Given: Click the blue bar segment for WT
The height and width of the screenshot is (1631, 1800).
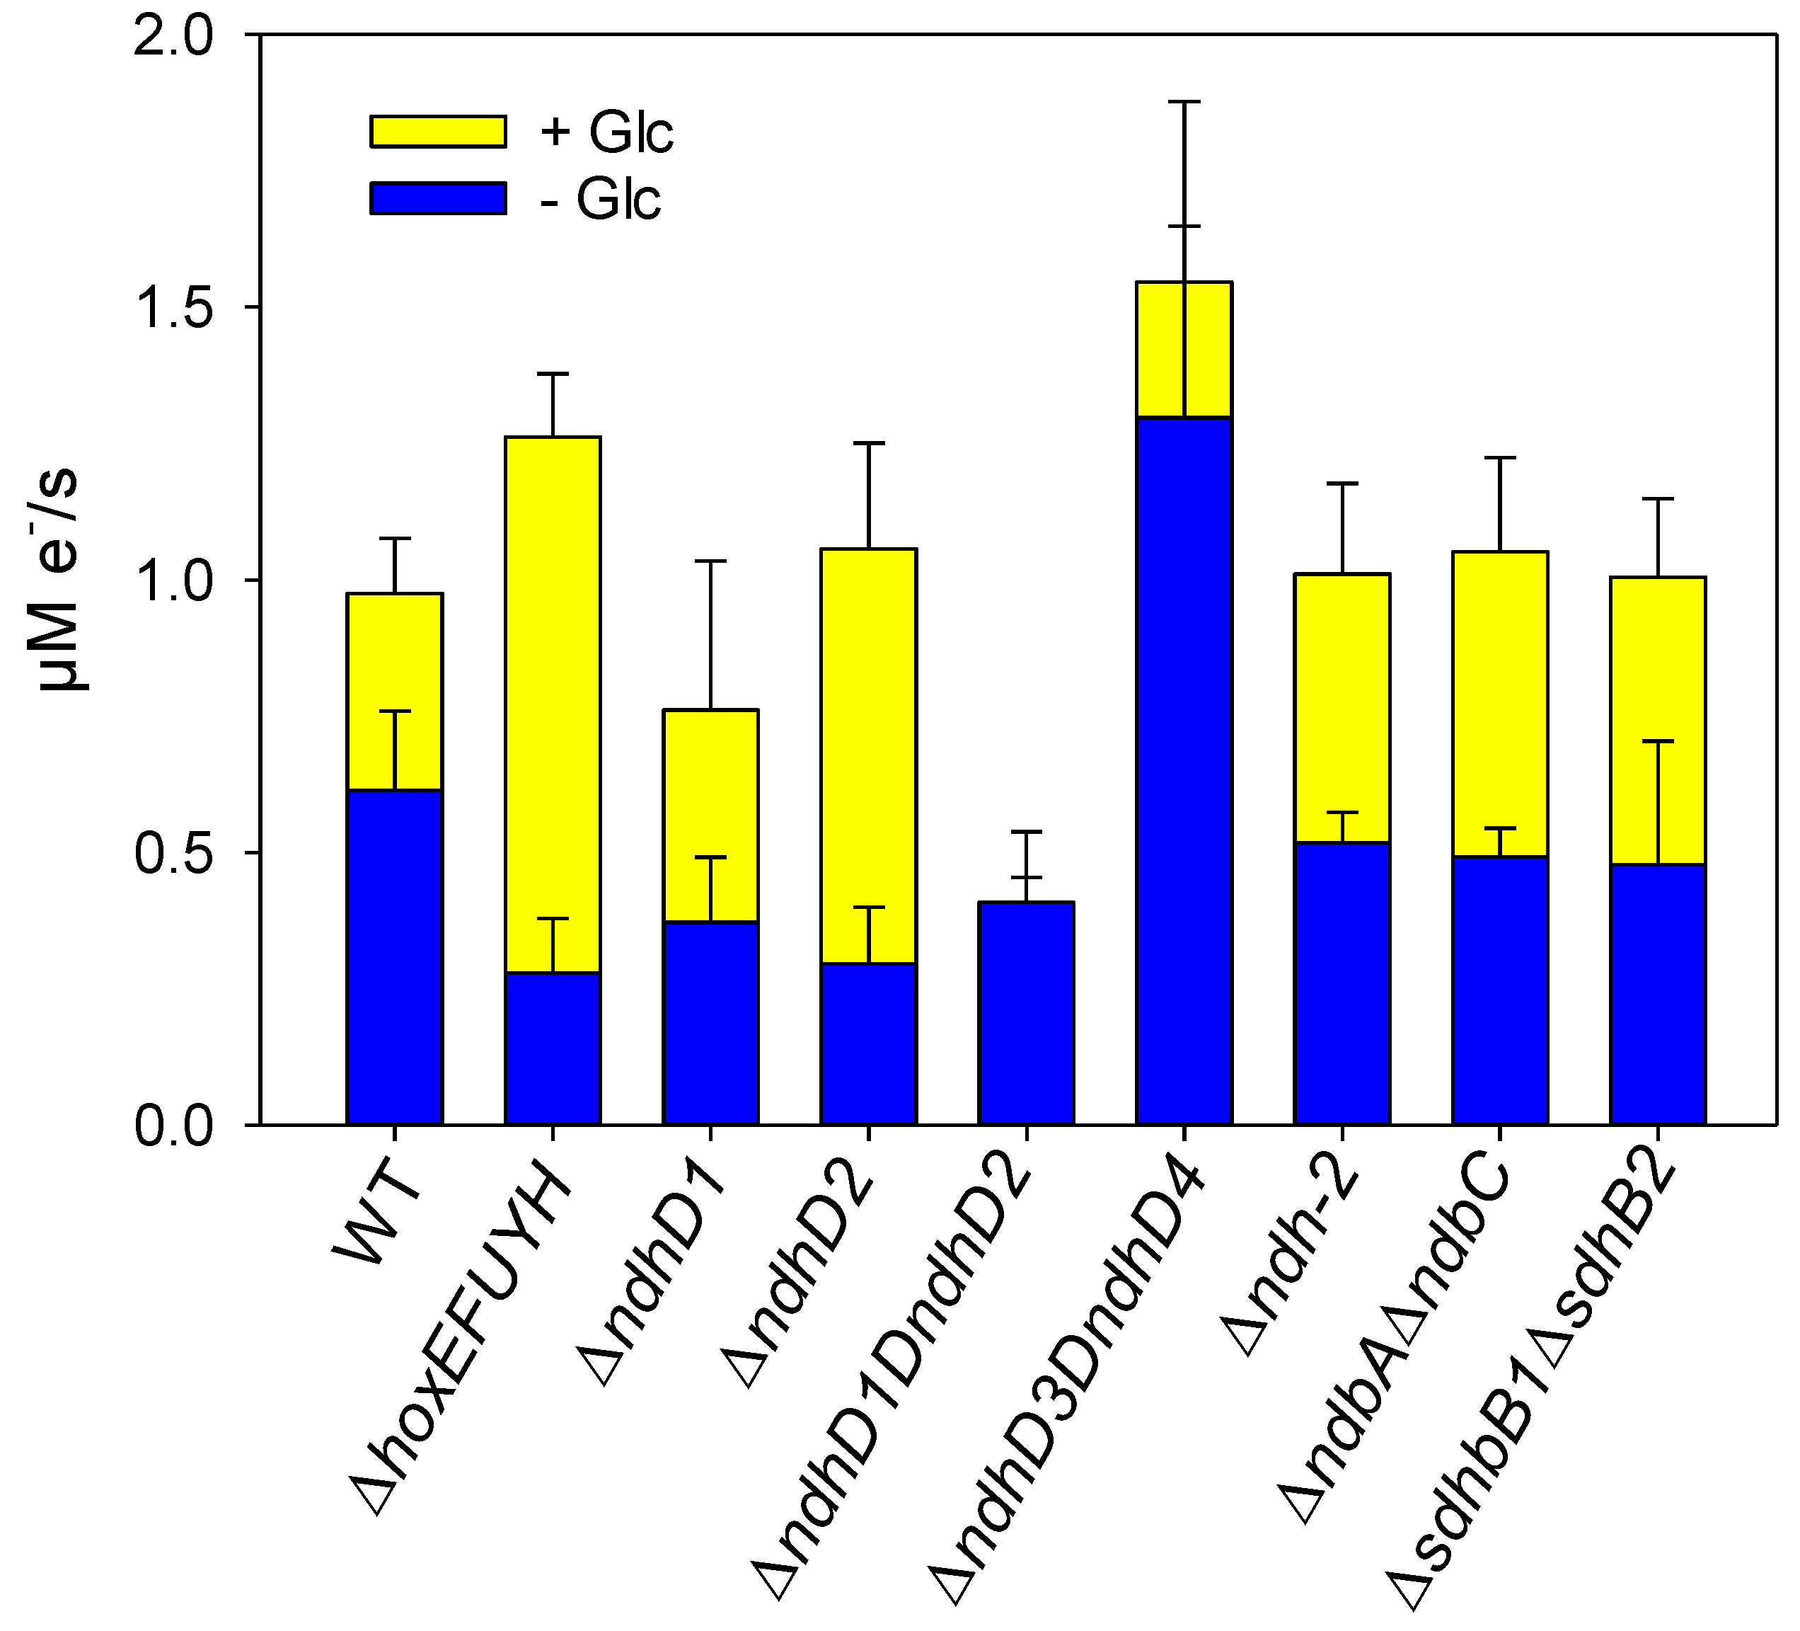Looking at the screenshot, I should [395, 956].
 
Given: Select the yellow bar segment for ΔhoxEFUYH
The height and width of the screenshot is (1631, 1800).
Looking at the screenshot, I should [552, 706].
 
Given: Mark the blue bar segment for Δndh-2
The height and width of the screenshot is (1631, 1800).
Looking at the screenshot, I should [1342, 983].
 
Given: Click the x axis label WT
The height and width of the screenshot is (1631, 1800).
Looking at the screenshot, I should [375, 1219].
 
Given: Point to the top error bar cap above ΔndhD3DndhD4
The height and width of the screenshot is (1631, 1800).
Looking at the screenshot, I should [1184, 103].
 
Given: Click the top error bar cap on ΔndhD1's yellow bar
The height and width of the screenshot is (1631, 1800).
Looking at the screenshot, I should [710, 561].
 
